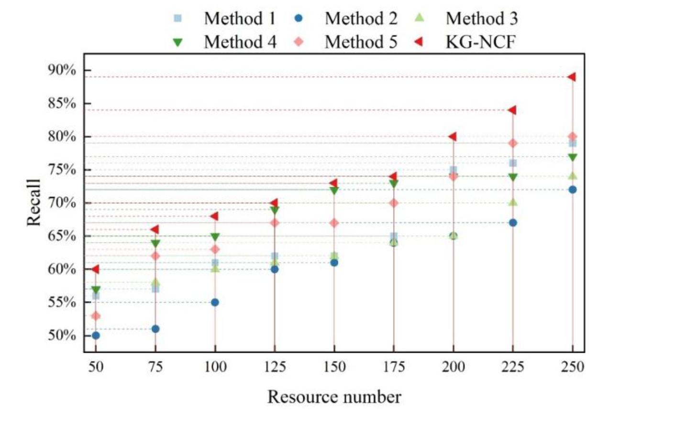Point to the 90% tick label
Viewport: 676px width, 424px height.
tap(62, 70)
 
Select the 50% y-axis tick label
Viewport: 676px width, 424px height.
tap(62, 336)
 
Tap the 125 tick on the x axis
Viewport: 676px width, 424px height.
tap(275, 367)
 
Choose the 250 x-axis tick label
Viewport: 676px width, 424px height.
tap(572, 367)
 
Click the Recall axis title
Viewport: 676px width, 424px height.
tap(33, 203)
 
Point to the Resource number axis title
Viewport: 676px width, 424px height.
tap(334, 397)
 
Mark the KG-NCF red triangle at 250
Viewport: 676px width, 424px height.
tap(572, 77)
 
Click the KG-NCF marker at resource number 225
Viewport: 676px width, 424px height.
tap(512, 110)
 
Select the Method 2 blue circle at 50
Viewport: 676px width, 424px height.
tap(96, 336)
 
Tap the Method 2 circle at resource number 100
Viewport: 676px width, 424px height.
tap(215, 303)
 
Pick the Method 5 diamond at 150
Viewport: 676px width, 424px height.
tap(334, 223)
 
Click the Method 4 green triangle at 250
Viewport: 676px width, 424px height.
tap(572, 157)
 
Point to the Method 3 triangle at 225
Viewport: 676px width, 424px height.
tap(513, 202)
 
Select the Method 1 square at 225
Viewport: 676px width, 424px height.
tap(513, 163)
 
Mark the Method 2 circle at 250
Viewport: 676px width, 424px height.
tap(572, 190)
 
